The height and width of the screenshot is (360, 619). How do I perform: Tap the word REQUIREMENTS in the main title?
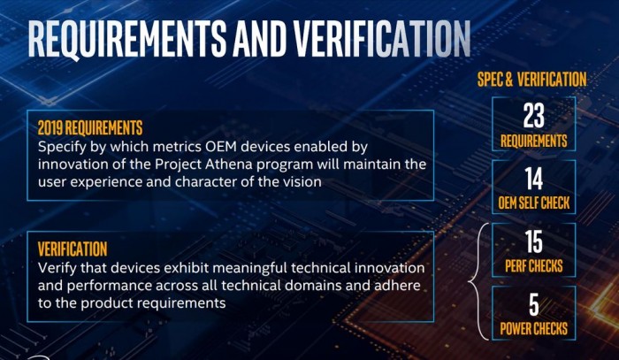pos(127,39)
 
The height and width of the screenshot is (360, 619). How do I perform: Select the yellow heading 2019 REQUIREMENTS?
pos(90,128)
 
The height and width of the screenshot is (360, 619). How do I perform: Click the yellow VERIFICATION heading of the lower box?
pos(73,249)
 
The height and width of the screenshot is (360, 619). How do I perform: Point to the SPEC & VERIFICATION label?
pos(531,80)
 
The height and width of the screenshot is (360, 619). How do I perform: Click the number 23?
pos(534,116)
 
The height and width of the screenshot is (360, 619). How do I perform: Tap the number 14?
pos(534,179)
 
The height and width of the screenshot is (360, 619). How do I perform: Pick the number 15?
pos(534,241)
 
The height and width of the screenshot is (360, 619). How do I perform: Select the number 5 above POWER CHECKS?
pos(534,304)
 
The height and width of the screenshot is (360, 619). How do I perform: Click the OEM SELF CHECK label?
pos(534,203)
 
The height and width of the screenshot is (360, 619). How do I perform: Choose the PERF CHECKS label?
pos(534,266)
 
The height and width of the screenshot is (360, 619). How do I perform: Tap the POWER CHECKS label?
pos(534,329)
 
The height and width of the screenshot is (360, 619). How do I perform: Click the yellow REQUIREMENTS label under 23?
pos(534,141)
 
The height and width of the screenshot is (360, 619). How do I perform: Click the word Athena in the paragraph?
pos(229,165)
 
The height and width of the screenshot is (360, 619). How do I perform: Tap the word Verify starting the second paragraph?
pos(57,268)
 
